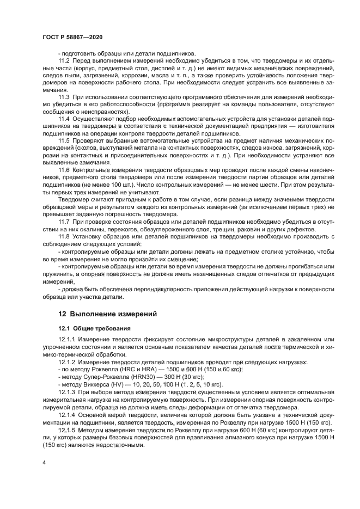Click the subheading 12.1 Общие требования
pyautogui.click(x=90, y=328)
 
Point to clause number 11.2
pyautogui.click(x=64, y=60)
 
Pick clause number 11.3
pyautogui.click(x=64, y=96)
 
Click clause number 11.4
pyautogui.click(x=64, y=118)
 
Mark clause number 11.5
pyautogui.click(x=64, y=140)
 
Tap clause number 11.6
pyautogui.click(x=64, y=170)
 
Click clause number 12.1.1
pyautogui.click(x=66, y=340)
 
